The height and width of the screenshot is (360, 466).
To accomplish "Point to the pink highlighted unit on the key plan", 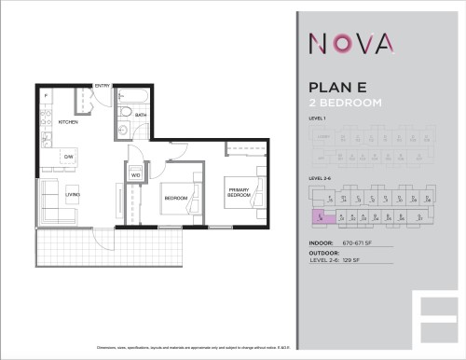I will [319, 217].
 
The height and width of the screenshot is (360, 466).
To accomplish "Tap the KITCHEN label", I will [68, 122].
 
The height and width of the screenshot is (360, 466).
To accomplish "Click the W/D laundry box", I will [135, 173].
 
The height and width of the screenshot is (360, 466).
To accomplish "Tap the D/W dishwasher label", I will [69, 156].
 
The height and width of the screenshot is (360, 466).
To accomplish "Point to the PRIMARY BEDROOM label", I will [240, 193].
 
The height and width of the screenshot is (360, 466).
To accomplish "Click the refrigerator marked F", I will [46, 96].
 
